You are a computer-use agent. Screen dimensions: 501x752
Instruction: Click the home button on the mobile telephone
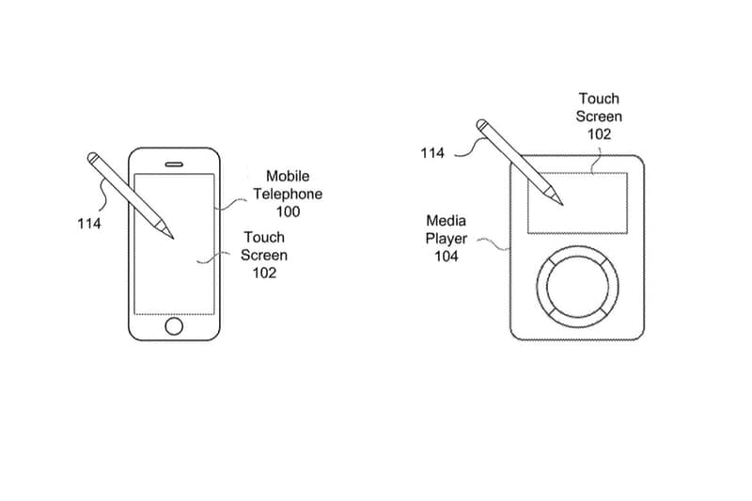(174, 325)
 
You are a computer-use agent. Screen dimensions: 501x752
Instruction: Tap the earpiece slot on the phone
(174, 163)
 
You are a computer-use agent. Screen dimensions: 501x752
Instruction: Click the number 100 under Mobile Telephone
(288, 211)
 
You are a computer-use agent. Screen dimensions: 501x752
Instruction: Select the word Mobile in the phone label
(288, 176)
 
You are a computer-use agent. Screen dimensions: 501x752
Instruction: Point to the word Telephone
(288, 194)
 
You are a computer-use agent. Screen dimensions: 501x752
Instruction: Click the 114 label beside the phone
(89, 224)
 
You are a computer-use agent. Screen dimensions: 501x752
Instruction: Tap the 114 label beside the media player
(433, 153)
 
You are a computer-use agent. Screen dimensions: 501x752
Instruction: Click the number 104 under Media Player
(446, 257)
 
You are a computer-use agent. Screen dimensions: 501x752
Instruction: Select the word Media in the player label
(446, 221)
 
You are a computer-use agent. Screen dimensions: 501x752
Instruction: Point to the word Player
(446, 239)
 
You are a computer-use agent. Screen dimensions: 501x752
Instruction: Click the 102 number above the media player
(599, 134)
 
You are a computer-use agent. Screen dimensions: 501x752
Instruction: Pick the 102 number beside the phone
(264, 273)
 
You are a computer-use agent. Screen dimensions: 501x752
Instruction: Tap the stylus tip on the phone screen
(172, 237)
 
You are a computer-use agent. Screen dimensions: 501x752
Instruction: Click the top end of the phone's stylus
(94, 154)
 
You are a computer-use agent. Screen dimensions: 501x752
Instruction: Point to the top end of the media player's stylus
(481, 123)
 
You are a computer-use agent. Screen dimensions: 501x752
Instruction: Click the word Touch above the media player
(599, 99)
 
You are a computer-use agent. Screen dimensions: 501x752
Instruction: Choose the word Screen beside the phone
(264, 255)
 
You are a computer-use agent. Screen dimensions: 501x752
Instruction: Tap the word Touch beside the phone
(264, 237)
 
